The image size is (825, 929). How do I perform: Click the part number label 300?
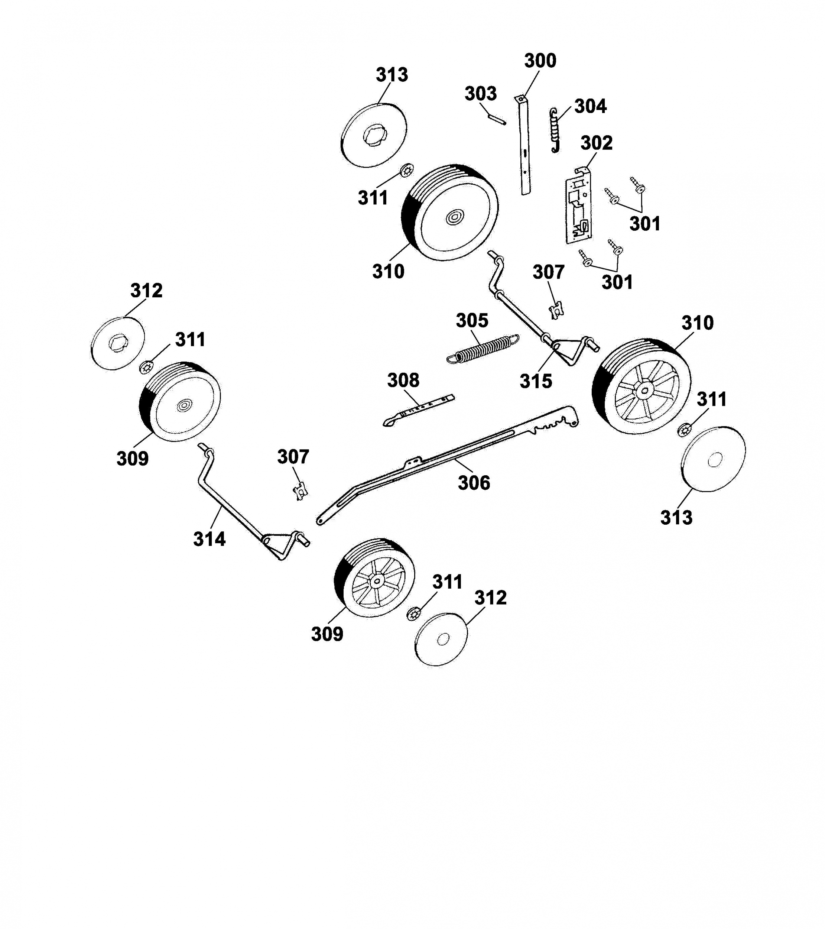[x=540, y=61]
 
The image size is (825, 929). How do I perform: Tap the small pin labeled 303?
[x=497, y=118]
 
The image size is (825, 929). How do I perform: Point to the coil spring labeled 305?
[x=483, y=349]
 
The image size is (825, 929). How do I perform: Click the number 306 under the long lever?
[x=474, y=483]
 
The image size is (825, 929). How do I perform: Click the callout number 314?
[x=210, y=539]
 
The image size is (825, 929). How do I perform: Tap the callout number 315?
[x=536, y=381]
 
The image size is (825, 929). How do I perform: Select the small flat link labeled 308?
[x=418, y=410]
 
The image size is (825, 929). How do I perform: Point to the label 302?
[x=597, y=143]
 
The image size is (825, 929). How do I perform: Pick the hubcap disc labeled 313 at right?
[x=714, y=459]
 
